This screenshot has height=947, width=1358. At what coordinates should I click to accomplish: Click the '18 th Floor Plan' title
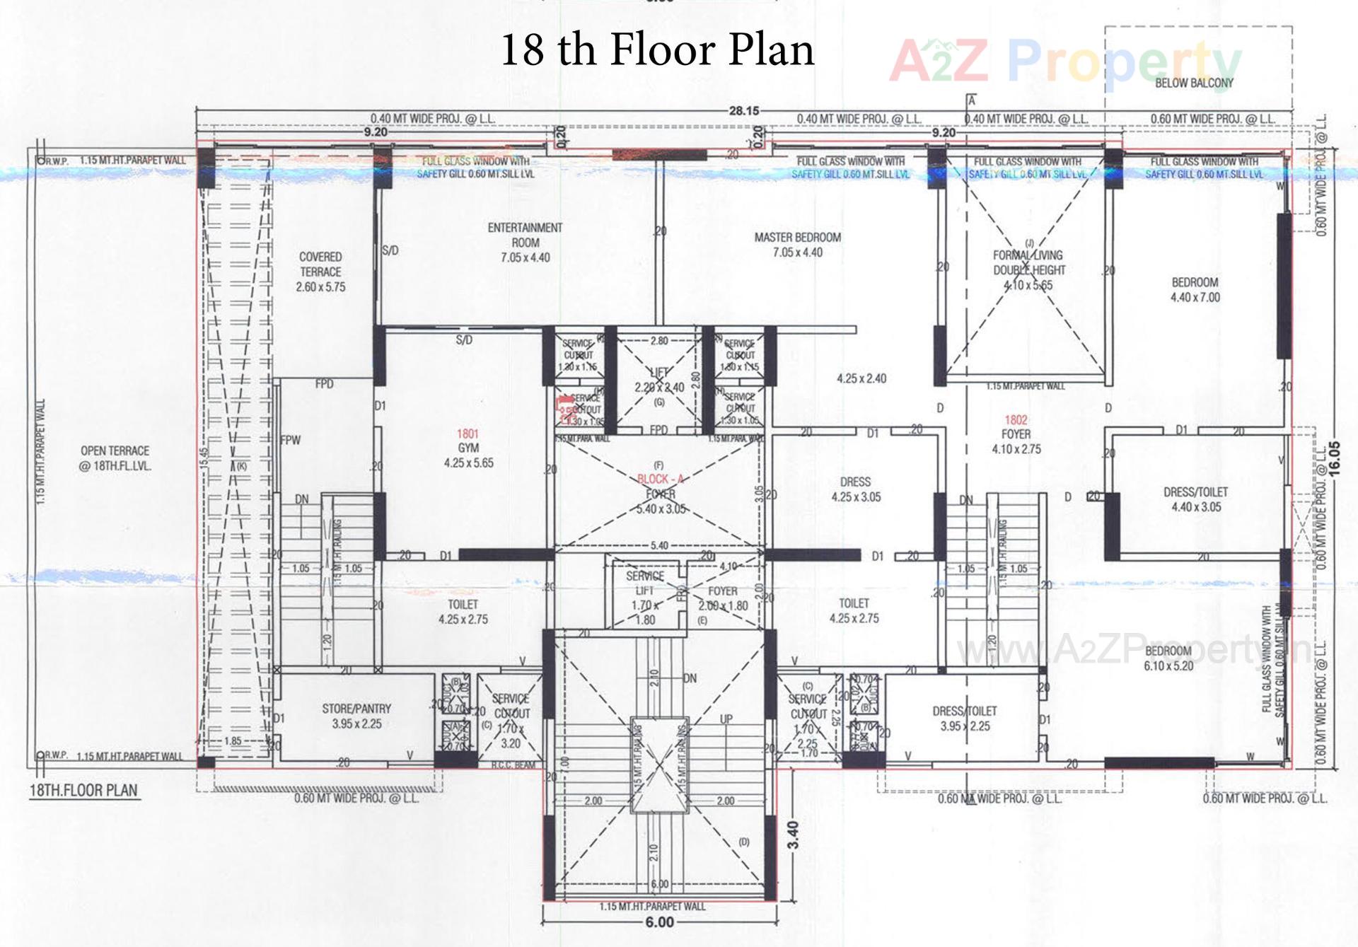click(x=657, y=50)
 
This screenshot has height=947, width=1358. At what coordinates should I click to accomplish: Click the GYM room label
click(x=468, y=448)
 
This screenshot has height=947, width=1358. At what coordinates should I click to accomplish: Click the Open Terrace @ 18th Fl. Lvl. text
click(x=115, y=458)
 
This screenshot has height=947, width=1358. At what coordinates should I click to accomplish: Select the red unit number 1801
click(x=468, y=434)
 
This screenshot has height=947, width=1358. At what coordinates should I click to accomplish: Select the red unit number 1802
click(x=1016, y=420)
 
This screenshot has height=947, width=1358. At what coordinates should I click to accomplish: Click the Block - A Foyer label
click(x=659, y=487)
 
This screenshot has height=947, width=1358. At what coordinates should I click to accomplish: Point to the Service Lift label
click(x=644, y=583)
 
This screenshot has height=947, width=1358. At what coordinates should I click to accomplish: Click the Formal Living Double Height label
click(x=1028, y=262)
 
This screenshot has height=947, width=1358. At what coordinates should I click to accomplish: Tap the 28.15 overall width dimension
click(x=743, y=111)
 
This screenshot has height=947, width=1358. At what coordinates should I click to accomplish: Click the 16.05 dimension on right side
click(x=1334, y=459)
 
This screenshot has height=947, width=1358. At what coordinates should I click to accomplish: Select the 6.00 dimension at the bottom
click(x=659, y=922)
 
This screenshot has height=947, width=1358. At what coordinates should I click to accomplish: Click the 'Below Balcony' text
click(x=1194, y=83)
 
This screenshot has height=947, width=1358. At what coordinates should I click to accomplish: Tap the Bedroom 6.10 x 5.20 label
click(x=1168, y=658)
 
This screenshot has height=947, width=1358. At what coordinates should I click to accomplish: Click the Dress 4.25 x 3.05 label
click(x=856, y=489)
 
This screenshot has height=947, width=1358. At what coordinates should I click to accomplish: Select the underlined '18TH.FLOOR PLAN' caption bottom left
click(x=83, y=791)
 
